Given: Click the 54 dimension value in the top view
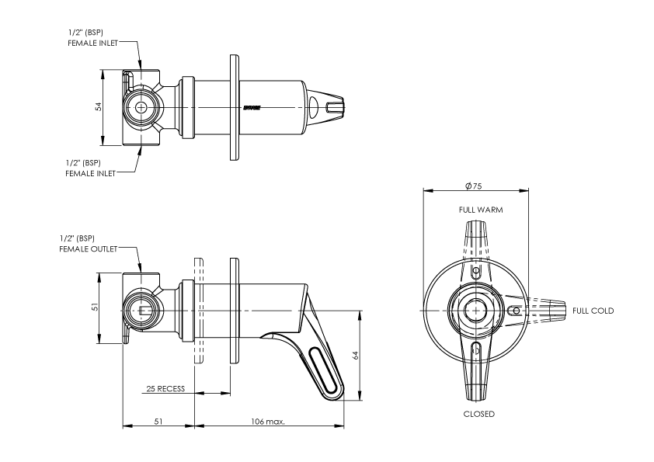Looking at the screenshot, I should [x=99, y=107].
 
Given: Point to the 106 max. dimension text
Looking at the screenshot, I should [x=269, y=422].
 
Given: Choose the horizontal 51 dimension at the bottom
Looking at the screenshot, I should [x=158, y=422].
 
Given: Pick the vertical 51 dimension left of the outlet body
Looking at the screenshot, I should [x=94, y=307].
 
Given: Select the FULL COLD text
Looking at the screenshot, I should [x=593, y=311].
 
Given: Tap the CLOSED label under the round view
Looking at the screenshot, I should [x=478, y=414].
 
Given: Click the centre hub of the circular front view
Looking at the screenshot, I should [x=473, y=310].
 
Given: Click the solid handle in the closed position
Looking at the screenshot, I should [x=477, y=373].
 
